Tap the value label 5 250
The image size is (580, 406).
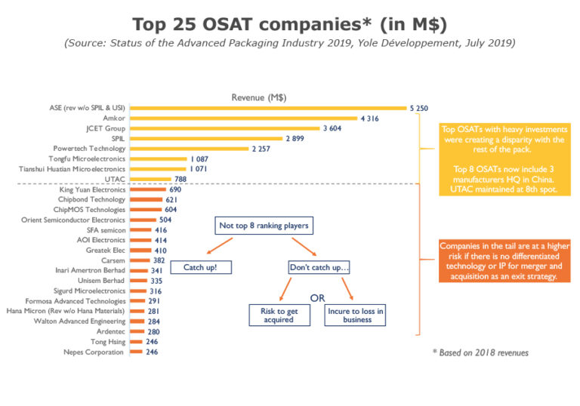(419, 109)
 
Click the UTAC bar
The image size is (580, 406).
(150, 179)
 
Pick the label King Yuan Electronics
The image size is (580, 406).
(92, 189)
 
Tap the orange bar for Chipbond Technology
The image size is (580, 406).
(147, 199)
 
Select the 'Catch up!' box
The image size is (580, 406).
(200, 267)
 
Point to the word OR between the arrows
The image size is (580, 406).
(317, 298)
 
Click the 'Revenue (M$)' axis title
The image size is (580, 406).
(258, 97)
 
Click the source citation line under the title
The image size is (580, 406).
(289, 43)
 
